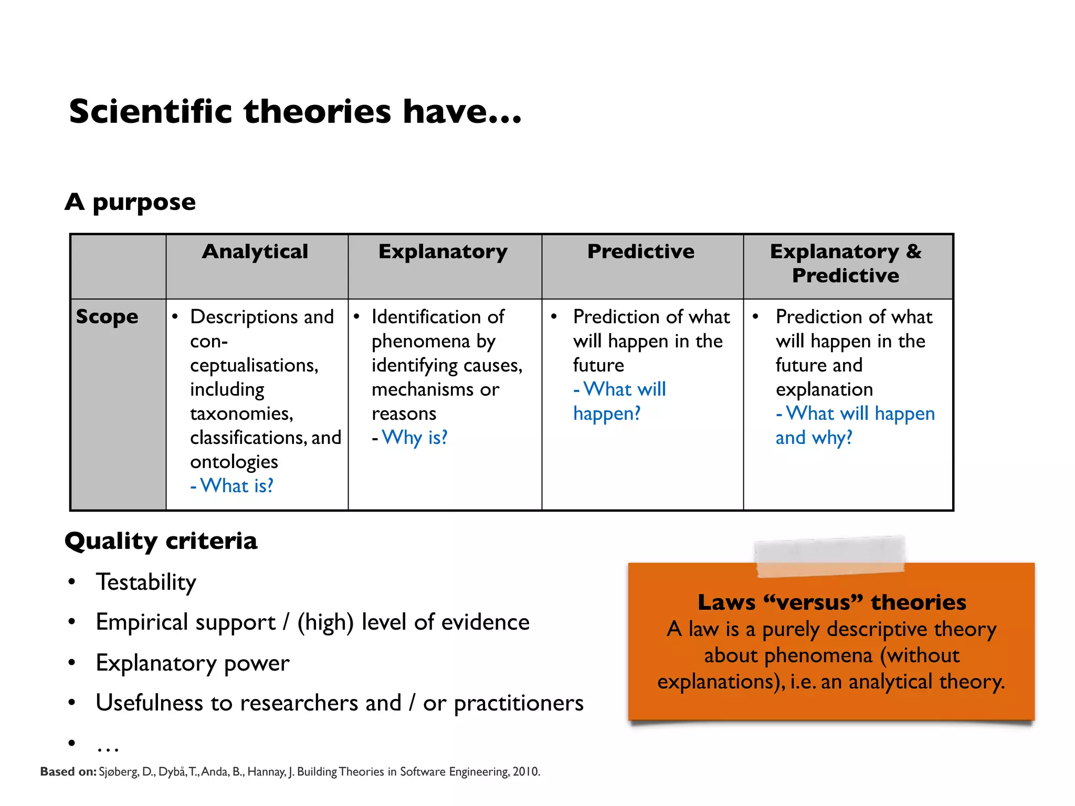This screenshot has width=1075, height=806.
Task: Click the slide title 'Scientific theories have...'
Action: tap(295, 112)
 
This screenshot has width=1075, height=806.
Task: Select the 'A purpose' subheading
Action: tap(130, 202)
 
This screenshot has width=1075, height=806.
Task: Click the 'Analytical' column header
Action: tap(255, 251)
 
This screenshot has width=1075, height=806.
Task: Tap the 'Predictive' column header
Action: tap(640, 251)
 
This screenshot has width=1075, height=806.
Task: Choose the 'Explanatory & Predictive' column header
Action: tap(846, 263)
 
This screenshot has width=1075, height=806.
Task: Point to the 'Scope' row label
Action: tap(107, 317)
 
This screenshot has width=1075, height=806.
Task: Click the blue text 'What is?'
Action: tap(236, 486)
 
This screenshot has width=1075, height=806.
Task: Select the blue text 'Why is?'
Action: tap(414, 438)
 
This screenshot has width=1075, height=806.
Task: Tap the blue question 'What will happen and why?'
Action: tap(855, 425)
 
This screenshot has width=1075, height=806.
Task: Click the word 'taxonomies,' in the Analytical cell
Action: tap(241, 413)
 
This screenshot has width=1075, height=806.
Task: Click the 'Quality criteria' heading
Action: tap(161, 541)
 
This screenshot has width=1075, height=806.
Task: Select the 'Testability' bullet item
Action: tap(146, 582)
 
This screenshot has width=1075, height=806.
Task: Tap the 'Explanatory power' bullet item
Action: tap(192, 663)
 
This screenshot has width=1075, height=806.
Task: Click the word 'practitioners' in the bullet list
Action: tap(519, 703)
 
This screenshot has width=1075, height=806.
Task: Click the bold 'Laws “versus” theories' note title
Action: tap(831, 602)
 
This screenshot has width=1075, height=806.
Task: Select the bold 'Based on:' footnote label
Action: tap(68, 772)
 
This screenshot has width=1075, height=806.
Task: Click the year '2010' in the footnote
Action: tap(525, 772)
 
